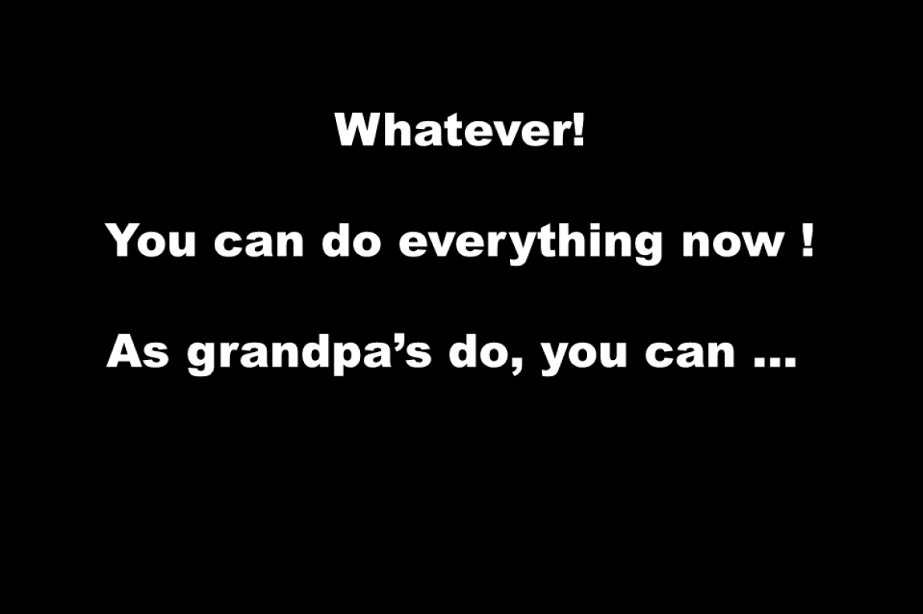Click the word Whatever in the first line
pos(453,129)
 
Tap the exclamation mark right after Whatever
pos(579,129)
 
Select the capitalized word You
pos(151,240)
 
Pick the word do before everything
pos(351,240)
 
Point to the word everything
pos(530,244)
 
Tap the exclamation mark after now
pos(807,240)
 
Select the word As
pos(138,351)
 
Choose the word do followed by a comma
pos(478,351)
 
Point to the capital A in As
pos(124,351)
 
